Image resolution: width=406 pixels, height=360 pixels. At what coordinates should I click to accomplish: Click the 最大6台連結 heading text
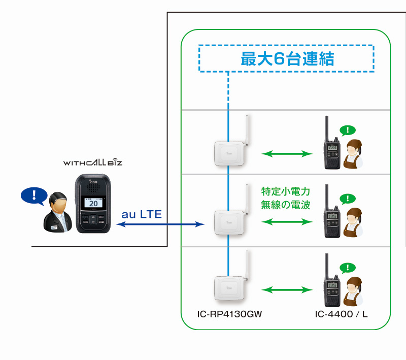point(287,58)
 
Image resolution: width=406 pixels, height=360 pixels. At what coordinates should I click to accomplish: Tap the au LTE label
point(142,214)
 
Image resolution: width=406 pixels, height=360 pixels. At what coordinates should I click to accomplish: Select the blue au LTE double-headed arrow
point(160,224)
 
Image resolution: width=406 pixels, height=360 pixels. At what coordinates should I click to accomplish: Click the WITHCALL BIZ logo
point(93,162)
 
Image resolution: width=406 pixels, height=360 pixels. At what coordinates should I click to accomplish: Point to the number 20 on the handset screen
point(93,204)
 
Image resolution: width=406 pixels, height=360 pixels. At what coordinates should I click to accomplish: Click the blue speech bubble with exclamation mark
point(34,196)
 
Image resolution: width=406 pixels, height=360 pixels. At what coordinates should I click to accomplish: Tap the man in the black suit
point(57,212)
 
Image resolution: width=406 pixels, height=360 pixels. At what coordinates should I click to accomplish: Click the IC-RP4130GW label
point(229,314)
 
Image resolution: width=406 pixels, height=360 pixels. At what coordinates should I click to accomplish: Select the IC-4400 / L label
point(341,314)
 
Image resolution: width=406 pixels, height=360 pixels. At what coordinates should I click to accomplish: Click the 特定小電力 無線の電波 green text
point(286,198)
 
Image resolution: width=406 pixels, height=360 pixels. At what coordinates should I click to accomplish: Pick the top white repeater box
point(229,153)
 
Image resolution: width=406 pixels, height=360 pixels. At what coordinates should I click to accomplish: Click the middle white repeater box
point(229,222)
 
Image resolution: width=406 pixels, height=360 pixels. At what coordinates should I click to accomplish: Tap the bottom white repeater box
point(229,288)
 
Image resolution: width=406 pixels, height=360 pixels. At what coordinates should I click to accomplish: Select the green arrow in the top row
point(287,154)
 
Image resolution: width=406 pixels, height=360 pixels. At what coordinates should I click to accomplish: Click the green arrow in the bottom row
point(287,290)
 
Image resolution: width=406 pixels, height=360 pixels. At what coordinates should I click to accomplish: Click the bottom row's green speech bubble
point(348,268)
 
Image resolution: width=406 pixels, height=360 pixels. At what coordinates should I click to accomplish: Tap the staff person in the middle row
point(353,222)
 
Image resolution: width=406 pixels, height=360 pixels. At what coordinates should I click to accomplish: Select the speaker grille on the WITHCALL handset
point(93,188)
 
